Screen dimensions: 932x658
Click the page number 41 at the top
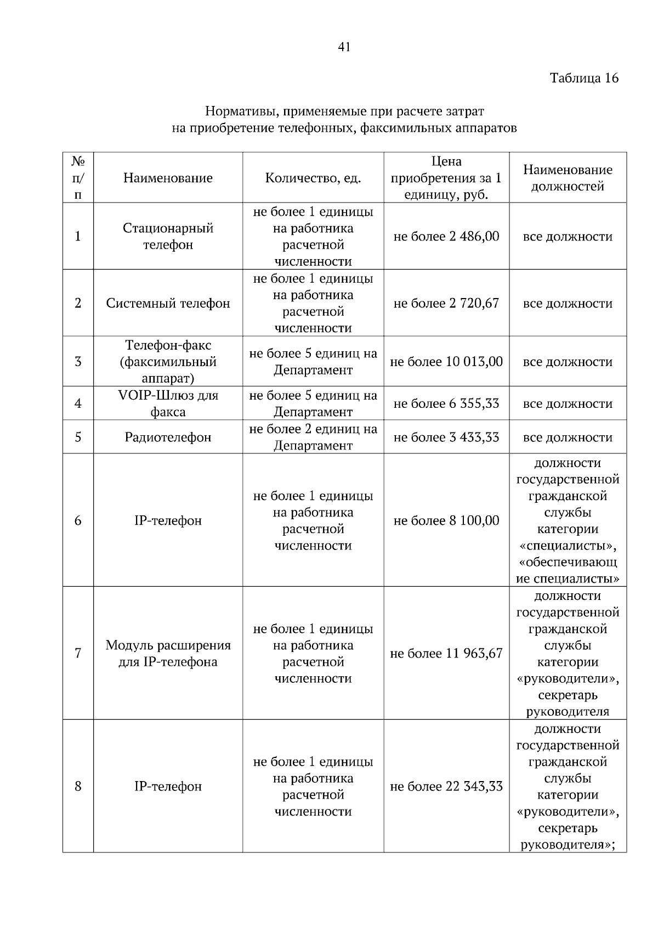click(344, 47)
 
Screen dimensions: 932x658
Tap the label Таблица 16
click(584, 78)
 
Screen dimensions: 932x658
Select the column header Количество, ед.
click(313, 178)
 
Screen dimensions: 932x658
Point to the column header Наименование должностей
click(568, 178)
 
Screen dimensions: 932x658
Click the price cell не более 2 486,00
click(446, 237)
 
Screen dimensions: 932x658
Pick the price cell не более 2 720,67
click(446, 303)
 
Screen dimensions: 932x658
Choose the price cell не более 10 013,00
click(446, 362)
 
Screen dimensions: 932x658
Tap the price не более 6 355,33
click(446, 403)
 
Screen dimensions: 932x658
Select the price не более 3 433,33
click(446, 437)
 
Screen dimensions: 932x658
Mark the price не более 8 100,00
click(446, 520)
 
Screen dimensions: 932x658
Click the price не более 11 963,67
click(446, 653)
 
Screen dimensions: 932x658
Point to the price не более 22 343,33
click(446, 786)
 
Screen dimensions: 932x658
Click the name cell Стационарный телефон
click(168, 236)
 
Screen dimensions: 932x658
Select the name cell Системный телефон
click(168, 303)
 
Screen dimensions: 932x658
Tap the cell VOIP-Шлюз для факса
click(168, 403)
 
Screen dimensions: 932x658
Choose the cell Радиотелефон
click(168, 437)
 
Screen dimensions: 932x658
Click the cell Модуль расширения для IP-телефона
click(168, 653)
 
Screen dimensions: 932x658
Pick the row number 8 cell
click(78, 786)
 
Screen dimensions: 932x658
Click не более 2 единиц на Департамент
click(313, 437)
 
